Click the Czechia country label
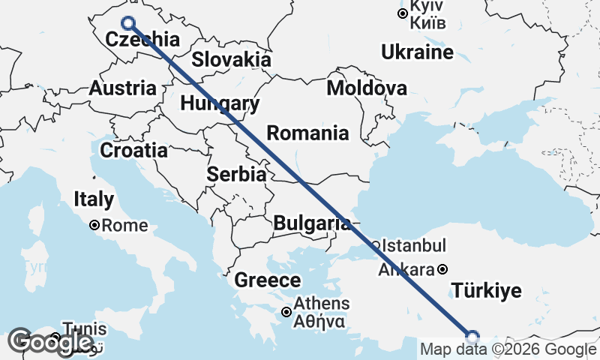pyautogui.click(x=142, y=40)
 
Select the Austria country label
pyautogui.click(x=122, y=88)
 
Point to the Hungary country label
pyautogui.click(x=220, y=103)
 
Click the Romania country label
pyautogui.click(x=308, y=133)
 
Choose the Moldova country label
pyautogui.click(x=367, y=88)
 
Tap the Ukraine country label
pyautogui.click(x=417, y=52)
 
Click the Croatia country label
pyautogui.click(x=133, y=150)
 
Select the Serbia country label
pyautogui.click(x=237, y=175)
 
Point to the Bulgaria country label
pyautogui.click(x=311, y=223)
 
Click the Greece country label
pyautogui.click(x=268, y=281)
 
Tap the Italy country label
pyautogui.click(x=94, y=199)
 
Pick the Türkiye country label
pyautogui.click(x=486, y=291)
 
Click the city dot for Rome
pyautogui.click(x=95, y=225)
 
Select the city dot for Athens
pyautogui.click(x=286, y=312)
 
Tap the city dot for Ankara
pyautogui.click(x=443, y=269)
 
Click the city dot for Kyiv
pyautogui.click(x=403, y=13)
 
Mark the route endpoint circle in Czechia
pyautogui.click(x=128, y=23)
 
